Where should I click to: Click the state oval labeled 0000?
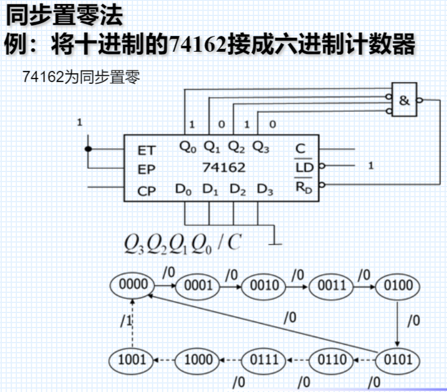pos(133,285)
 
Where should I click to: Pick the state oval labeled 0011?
pos(331,285)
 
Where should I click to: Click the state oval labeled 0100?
pos(398,285)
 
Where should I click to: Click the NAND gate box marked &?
pos(406,100)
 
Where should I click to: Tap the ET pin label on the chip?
pos(146,151)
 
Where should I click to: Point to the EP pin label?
pos(146,170)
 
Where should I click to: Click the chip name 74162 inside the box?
pos(224,168)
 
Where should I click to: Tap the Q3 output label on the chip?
pos(261,147)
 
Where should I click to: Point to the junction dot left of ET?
pos(89,149)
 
